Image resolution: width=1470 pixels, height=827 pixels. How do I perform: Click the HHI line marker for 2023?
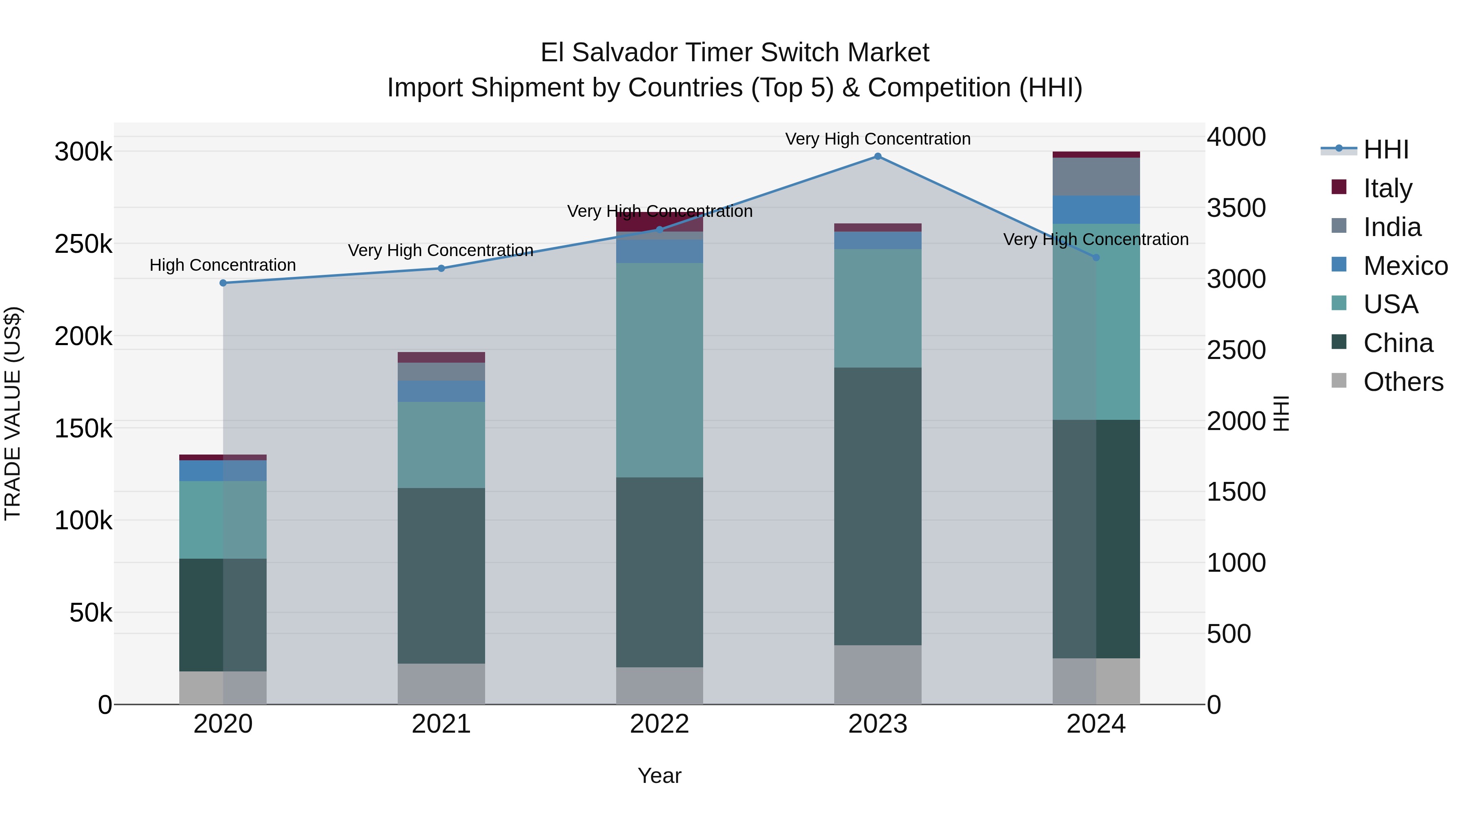878,156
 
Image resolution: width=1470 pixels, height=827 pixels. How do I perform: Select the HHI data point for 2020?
223,283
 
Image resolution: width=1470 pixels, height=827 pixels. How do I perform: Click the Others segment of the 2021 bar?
441,683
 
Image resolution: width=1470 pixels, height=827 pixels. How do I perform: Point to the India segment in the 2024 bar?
1096,176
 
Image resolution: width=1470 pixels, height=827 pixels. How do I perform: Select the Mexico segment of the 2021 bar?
441,391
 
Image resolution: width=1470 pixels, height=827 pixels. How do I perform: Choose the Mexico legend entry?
1405,265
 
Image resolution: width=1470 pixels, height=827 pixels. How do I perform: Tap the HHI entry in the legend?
1385,149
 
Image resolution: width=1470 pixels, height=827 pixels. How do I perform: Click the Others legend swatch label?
1403,382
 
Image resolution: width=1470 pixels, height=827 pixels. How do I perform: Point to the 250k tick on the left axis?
83,244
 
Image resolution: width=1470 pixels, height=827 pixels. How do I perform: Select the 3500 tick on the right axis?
1236,208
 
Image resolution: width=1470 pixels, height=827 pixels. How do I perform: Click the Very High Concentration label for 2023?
878,139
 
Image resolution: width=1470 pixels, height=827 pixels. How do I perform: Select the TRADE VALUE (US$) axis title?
13,413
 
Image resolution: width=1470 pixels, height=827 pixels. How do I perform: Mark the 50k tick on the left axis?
91,613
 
